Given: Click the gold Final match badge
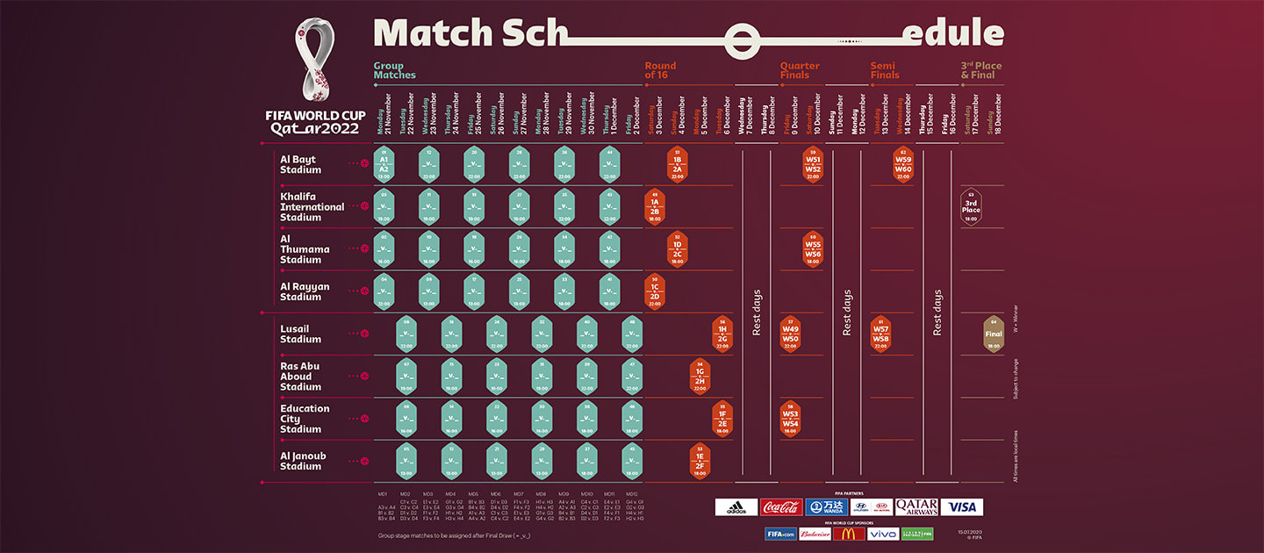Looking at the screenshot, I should coord(993,334).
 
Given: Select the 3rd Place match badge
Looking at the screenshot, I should coord(970,207).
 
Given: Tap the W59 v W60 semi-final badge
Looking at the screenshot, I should coord(903,164).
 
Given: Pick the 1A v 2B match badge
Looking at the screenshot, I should coord(654,207).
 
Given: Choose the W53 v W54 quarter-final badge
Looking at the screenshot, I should coord(790,419).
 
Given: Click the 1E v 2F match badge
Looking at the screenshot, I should coord(700,461).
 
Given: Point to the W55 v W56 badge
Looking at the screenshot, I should coord(813,248).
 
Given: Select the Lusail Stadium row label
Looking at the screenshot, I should coord(301,334).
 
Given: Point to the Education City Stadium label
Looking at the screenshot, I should coord(305,419).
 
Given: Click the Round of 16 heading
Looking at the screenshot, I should coord(660,70).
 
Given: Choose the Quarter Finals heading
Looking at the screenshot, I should coord(800,70).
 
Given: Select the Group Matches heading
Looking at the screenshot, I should coord(395,70).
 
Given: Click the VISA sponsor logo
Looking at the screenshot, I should coord(962,507).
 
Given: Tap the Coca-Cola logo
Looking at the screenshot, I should coord(781,507).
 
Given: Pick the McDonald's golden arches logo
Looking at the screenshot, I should coord(848,533).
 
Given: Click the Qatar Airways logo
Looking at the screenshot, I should coord(916,507).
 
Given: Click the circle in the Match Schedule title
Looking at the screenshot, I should coord(742,39).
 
